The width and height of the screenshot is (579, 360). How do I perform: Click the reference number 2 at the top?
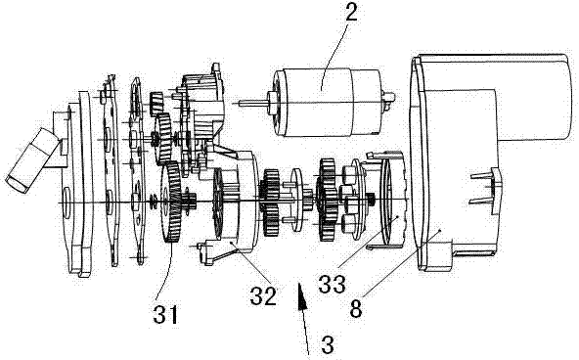[351, 14]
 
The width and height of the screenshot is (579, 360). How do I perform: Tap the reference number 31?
[165, 315]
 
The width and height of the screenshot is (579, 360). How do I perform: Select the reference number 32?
[263, 295]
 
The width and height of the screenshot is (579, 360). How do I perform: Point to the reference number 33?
[332, 285]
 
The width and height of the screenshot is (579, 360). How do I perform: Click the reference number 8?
[356, 308]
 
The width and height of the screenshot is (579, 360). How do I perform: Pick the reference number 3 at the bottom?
[328, 344]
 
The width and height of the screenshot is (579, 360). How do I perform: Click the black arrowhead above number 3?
[303, 295]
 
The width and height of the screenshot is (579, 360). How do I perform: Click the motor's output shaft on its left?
[253, 103]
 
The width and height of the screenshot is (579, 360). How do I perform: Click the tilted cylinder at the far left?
[31, 159]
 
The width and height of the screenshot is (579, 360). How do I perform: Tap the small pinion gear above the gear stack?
[156, 104]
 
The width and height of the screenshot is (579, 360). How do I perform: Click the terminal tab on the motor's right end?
[389, 99]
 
